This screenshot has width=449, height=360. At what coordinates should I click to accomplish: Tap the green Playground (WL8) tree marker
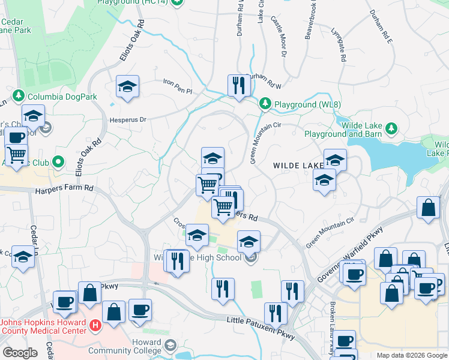(x=265, y=104)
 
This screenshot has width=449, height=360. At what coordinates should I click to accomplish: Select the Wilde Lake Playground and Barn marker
(x=391, y=127)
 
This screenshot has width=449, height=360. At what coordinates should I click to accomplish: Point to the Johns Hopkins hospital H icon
(x=94, y=326)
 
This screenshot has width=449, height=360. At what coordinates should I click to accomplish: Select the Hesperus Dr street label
(x=128, y=119)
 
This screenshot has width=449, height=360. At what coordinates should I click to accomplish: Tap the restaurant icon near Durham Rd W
(x=238, y=85)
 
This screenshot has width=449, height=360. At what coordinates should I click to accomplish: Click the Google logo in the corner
(x=20, y=353)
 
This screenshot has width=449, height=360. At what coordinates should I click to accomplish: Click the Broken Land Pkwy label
(x=332, y=324)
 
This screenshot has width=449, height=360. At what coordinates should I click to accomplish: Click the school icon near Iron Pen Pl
(x=127, y=88)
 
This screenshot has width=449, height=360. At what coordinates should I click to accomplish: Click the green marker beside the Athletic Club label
(x=58, y=162)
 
